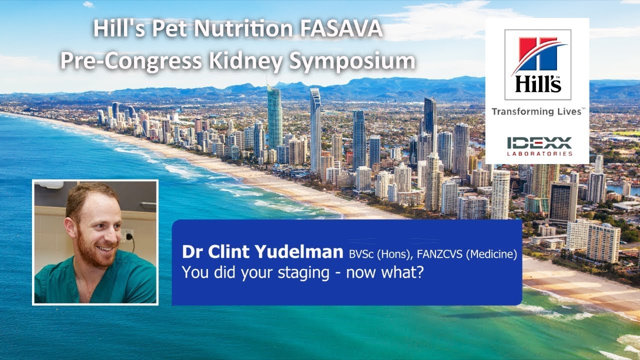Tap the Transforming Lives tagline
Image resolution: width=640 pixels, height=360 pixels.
[x=537, y=111]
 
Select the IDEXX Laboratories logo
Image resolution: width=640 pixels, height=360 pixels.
[x=538, y=146]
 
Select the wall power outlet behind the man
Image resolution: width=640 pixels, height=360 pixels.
[x=127, y=235]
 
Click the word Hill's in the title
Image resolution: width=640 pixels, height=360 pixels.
[x=116, y=29]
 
